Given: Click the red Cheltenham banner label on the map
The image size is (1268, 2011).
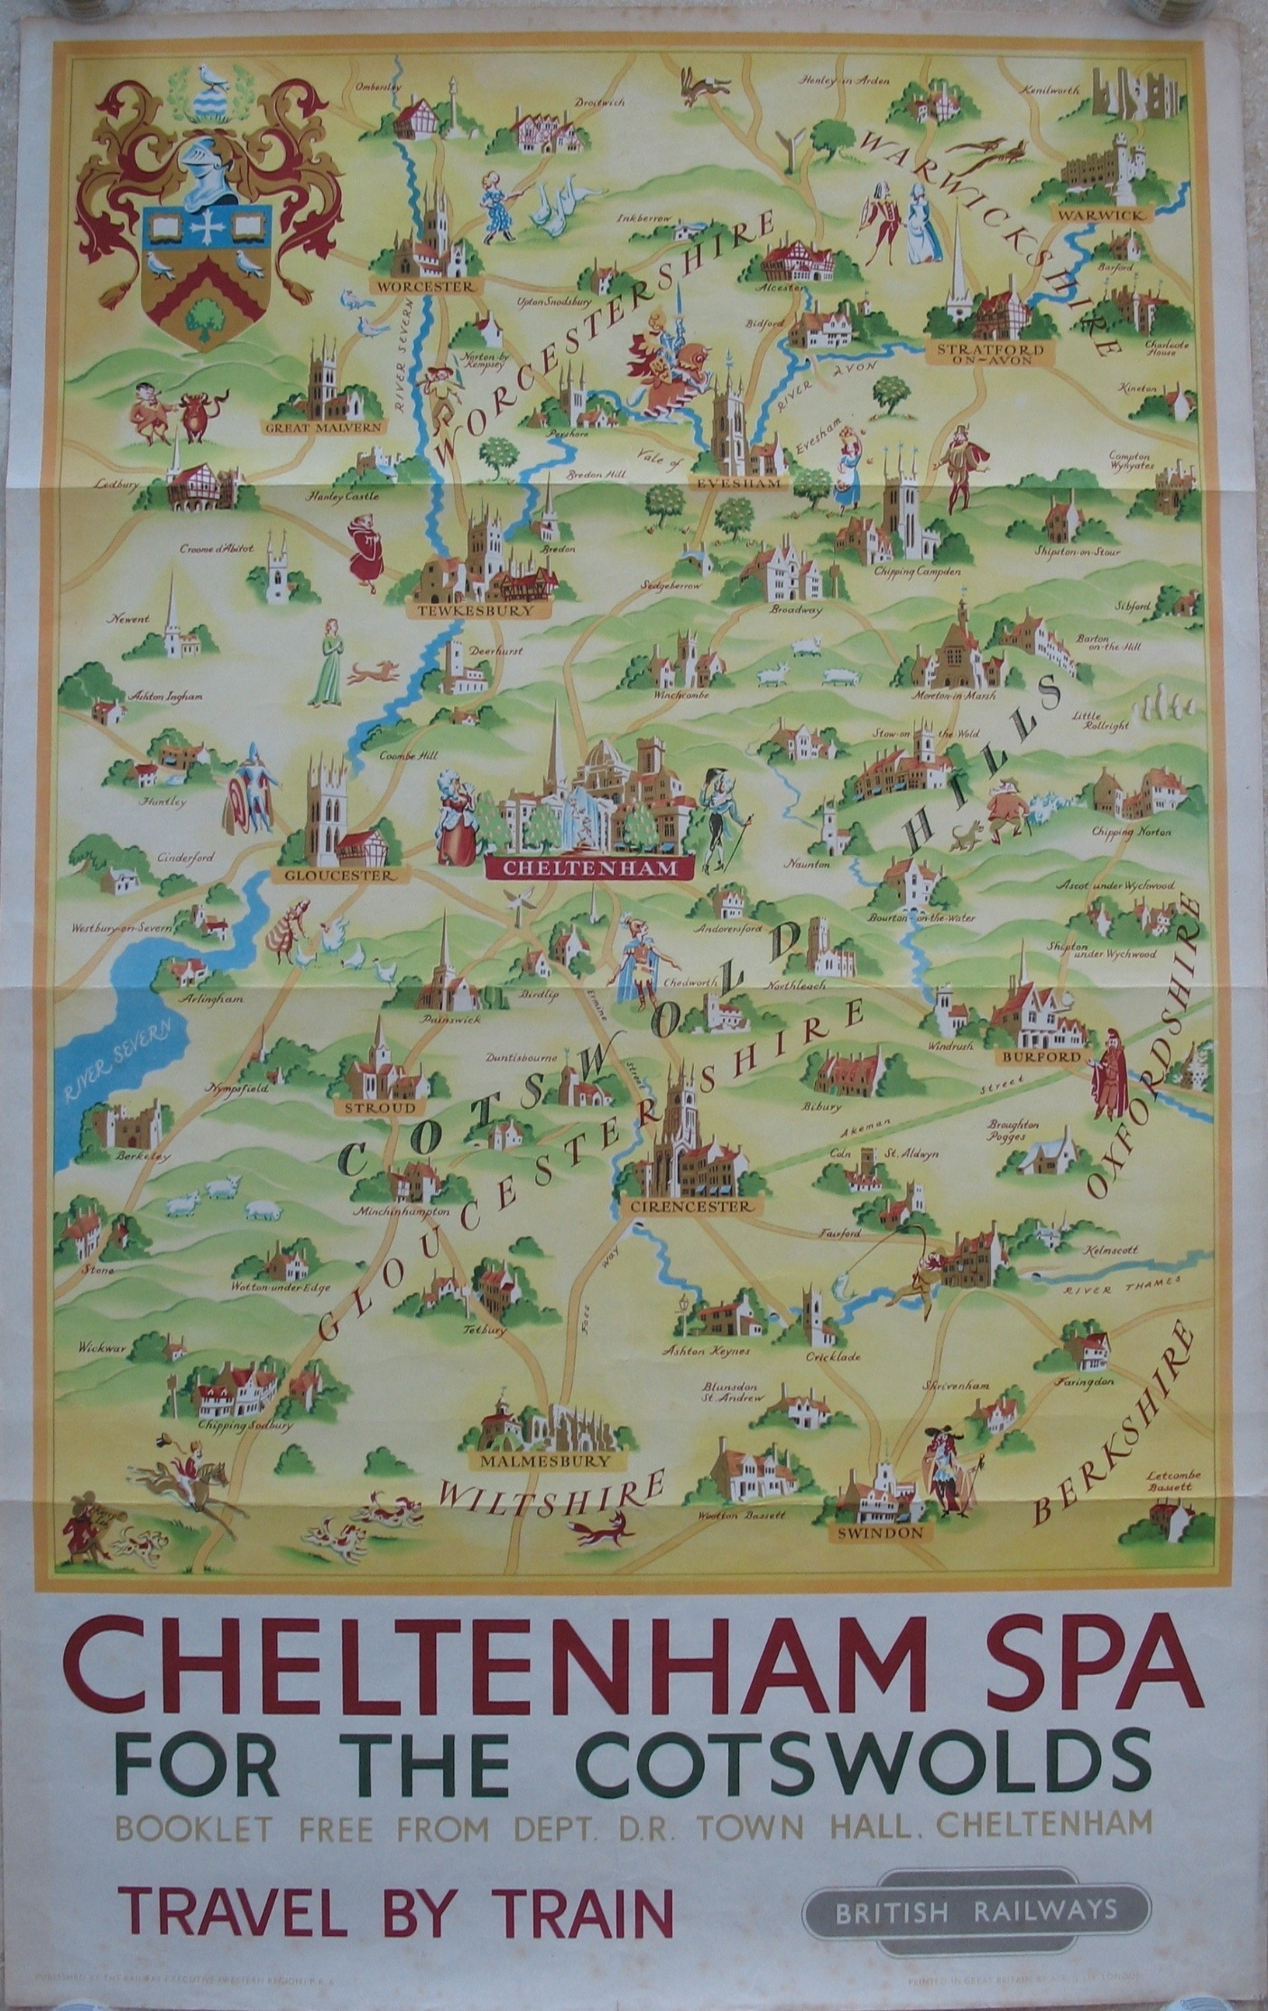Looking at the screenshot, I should click(589, 867).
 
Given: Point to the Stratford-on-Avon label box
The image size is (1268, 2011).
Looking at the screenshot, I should click(989, 353).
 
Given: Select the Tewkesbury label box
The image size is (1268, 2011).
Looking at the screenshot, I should click(479, 611).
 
